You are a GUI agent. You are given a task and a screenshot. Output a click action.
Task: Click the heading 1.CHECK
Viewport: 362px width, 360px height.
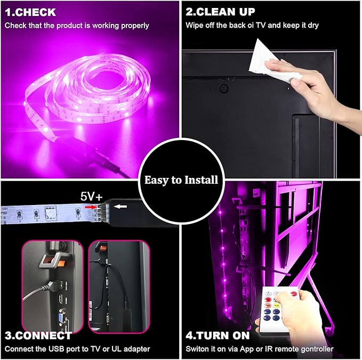[30, 12]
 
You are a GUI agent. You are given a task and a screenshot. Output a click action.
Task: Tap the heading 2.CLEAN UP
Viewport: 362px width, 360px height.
[220, 12]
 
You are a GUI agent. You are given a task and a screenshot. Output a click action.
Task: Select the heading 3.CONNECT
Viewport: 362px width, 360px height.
[38, 336]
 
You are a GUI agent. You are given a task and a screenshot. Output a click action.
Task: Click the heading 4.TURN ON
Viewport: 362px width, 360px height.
[218, 336]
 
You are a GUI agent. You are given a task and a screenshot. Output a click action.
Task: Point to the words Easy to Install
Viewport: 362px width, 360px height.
[181, 180]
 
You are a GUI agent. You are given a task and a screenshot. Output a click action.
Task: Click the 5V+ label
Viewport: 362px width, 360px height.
[91, 197]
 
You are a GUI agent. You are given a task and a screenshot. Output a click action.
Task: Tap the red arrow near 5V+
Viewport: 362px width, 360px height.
[91, 207]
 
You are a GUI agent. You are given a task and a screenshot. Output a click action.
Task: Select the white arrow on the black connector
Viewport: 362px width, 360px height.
[120, 207]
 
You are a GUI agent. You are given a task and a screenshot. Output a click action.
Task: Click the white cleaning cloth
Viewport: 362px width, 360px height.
[272, 62]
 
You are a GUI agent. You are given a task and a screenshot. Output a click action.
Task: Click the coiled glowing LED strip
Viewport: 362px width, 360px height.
[88, 92]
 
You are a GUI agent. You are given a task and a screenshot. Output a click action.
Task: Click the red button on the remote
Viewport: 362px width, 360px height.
[293, 294]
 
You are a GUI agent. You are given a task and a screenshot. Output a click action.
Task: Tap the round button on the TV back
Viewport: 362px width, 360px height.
[223, 88]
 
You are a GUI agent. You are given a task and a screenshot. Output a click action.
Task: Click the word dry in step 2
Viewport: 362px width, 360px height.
[313, 26]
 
